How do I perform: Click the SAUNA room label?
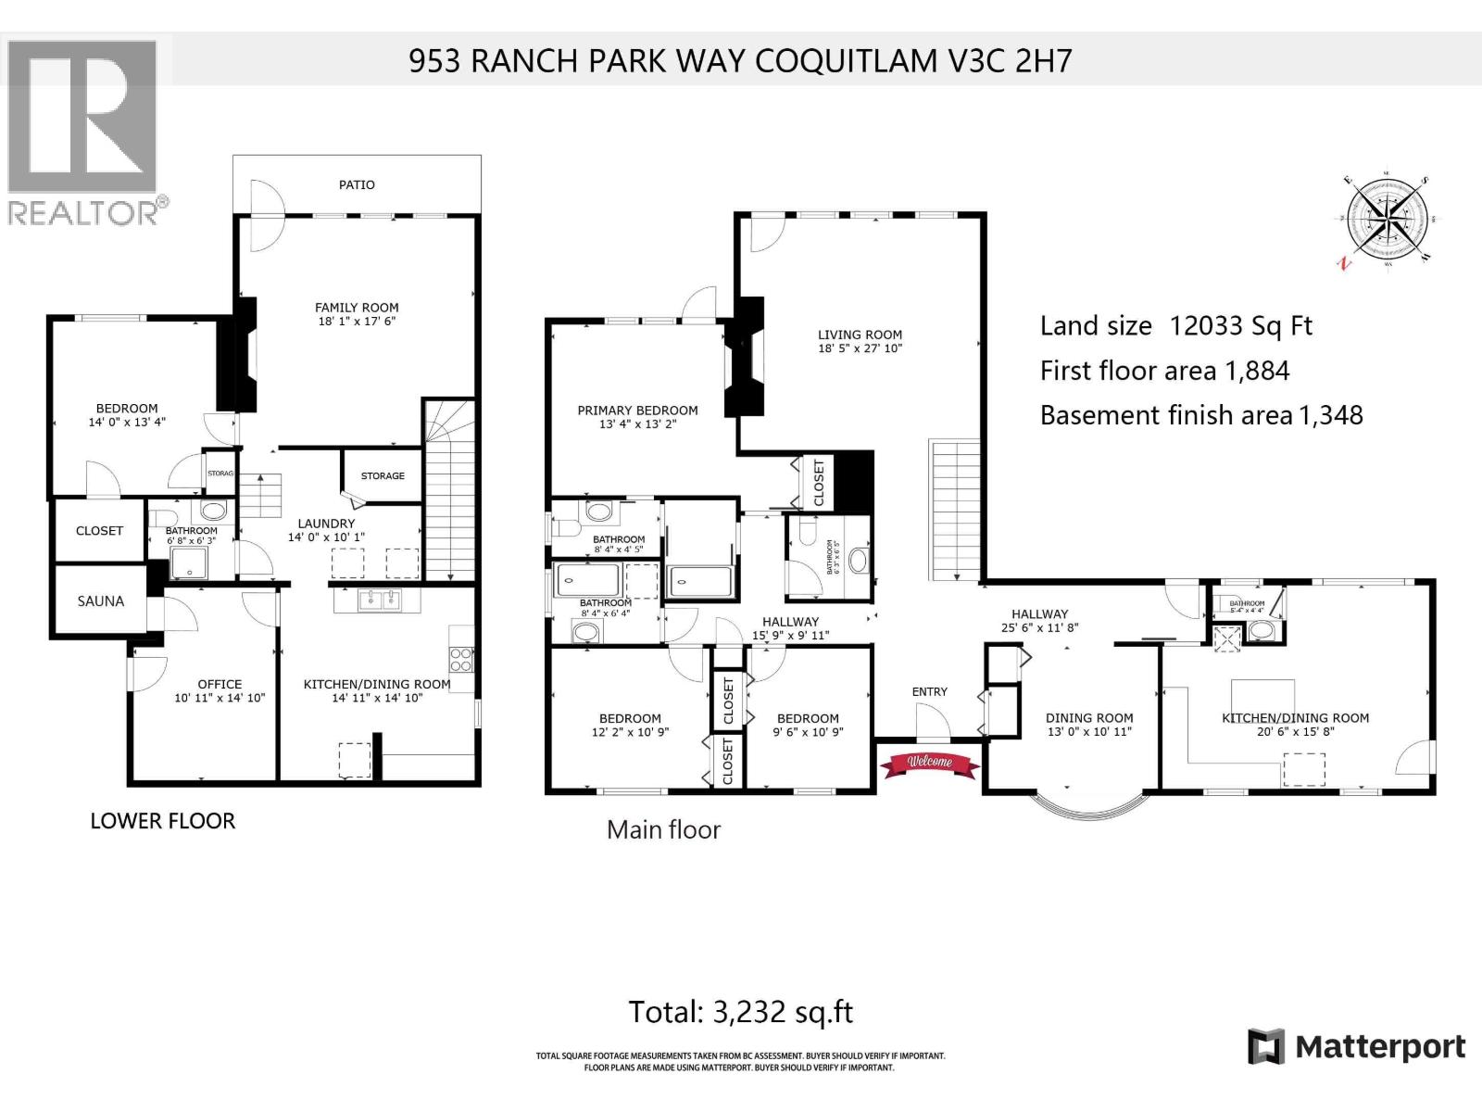click(100, 601)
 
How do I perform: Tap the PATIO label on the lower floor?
click(357, 184)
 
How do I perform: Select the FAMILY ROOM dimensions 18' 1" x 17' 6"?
click(357, 322)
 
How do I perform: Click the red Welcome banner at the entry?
click(929, 762)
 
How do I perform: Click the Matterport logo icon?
click(1266, 1047)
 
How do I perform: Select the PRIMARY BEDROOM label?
click(637, 411)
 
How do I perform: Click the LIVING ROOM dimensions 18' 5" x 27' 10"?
click(860, 348)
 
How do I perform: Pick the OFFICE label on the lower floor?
click(220, 684)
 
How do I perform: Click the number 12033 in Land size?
click(1203, 326)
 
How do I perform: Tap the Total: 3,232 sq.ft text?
click(740, 1011)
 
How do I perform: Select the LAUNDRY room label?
click(326, 524)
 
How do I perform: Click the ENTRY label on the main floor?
click(929, 691)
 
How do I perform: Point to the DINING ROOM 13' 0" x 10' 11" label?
click(1089, 725)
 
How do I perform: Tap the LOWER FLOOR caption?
click(162, 821)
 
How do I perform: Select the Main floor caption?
click(663, 829)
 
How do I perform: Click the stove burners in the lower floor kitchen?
click(461, 660)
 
